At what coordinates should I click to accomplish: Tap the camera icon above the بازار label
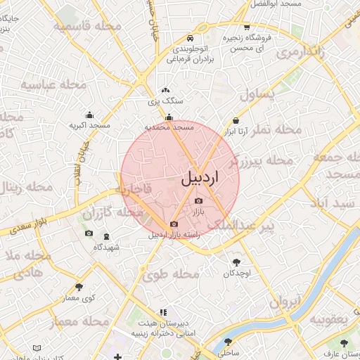coord(198,202)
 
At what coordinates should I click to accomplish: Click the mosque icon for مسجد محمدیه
coord(169,117)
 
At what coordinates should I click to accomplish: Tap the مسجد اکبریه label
coord(89,125)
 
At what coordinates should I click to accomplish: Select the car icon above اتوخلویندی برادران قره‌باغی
coord(190,38)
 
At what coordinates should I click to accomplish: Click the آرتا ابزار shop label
coord(241,131)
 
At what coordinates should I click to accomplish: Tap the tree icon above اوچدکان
coord(235,262)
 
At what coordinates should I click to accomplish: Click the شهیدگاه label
coord(107,247)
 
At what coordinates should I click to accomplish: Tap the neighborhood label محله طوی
coord(172,275)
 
